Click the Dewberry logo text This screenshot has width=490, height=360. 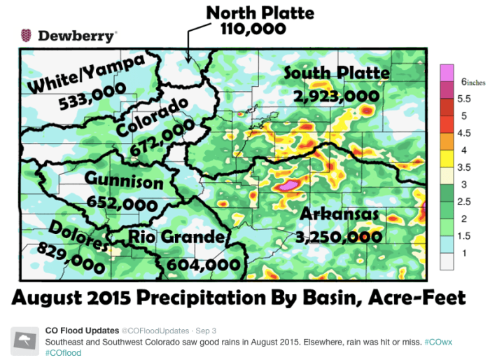click(77, 35)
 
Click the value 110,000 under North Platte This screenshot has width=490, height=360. click(253, 29)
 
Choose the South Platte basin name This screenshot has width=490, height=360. click(337, 74)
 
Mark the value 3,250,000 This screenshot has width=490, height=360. click(339, 237)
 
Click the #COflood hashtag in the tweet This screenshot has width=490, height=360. click(64, 353)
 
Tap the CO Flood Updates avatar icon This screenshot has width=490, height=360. click(24, 340)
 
